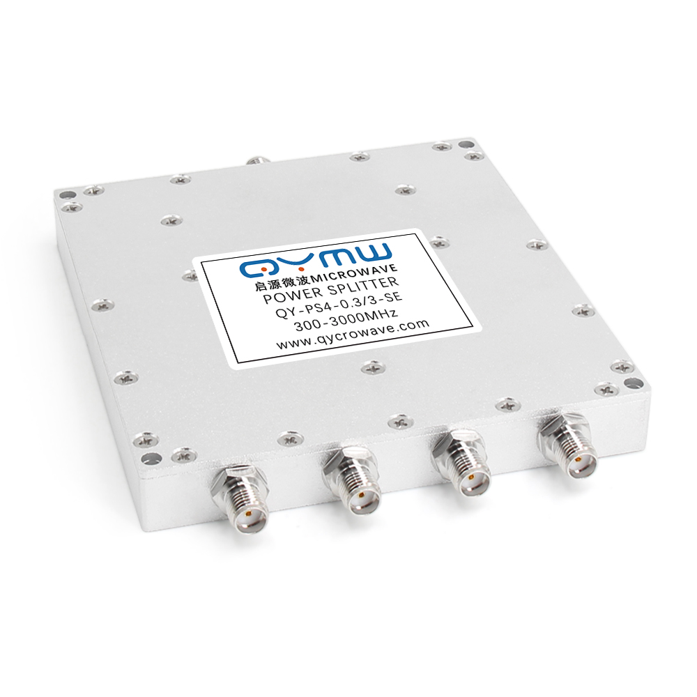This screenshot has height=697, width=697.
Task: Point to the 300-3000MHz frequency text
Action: click(346, 322)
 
